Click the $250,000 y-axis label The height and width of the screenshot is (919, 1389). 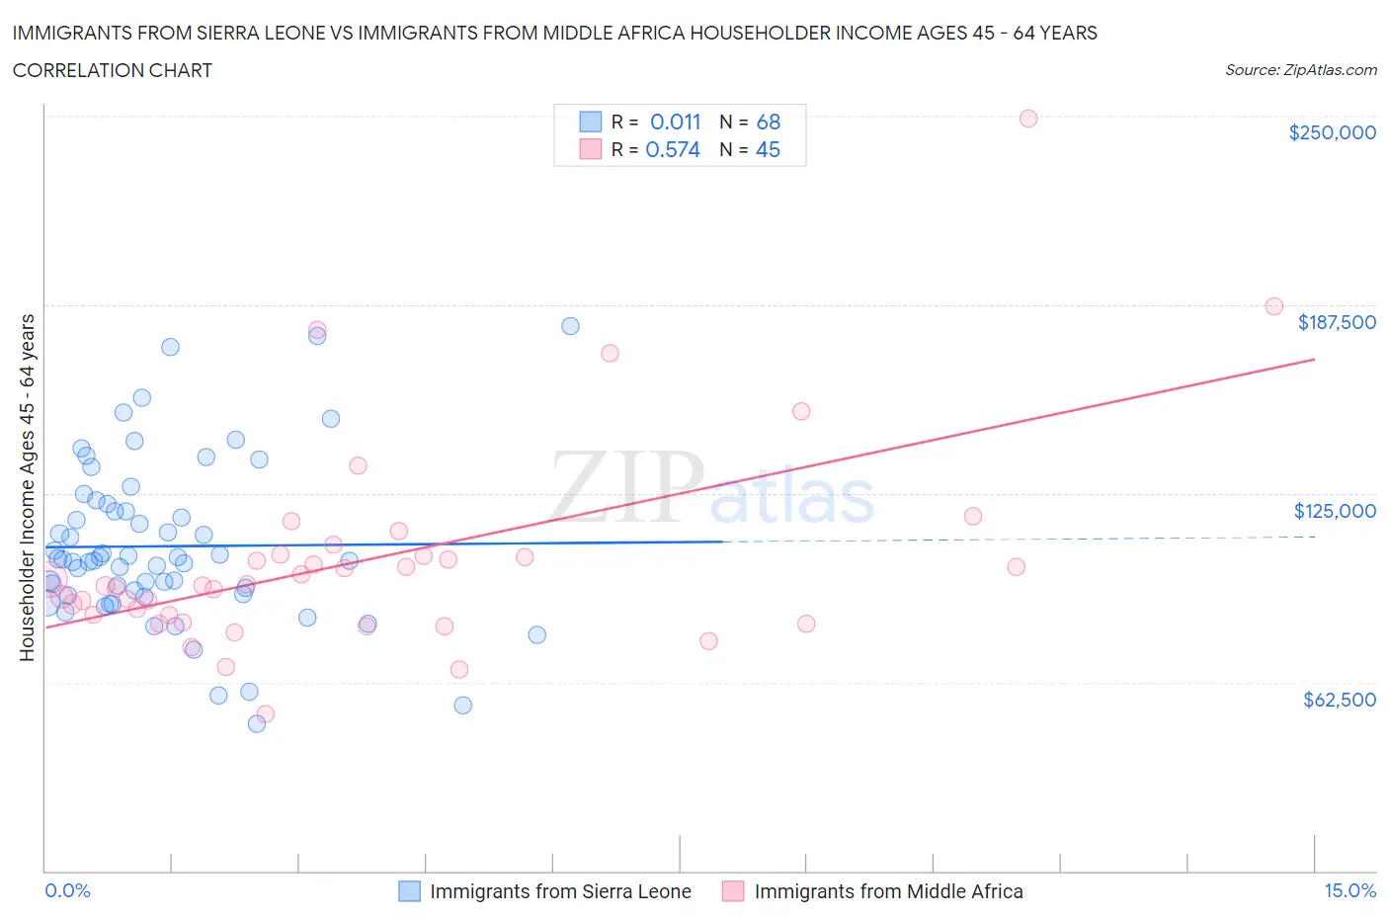[1332, 133]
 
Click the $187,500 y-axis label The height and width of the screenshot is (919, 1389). [1336, 322]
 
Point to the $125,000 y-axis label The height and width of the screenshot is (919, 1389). [1335, 511]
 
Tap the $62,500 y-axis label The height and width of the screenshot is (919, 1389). [1339, 700]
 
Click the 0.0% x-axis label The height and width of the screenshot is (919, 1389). [67, 890]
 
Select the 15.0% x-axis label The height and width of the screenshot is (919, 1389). [1349, 890]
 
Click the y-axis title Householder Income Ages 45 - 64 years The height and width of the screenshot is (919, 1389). [28, 487]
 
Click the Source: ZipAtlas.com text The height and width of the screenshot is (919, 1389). [1300, 70]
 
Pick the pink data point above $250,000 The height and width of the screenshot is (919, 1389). [1027, 119]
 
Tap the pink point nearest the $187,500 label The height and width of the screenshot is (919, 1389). [1273, 306]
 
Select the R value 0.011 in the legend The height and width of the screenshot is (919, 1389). [675, 122]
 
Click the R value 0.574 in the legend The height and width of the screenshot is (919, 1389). [673, 149]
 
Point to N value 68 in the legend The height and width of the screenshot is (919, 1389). [768, 122]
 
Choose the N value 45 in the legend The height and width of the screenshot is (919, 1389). [768, 149]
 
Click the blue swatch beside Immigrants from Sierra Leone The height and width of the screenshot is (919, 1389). [409, 891]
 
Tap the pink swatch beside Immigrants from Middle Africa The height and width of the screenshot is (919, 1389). [733, 891]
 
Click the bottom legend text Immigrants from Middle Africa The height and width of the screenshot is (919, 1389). [888, 891]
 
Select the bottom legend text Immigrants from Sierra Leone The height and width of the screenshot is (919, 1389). [560, 891]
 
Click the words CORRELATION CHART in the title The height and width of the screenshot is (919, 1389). [113, 70]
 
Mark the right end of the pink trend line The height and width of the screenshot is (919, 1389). [1314, 360]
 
